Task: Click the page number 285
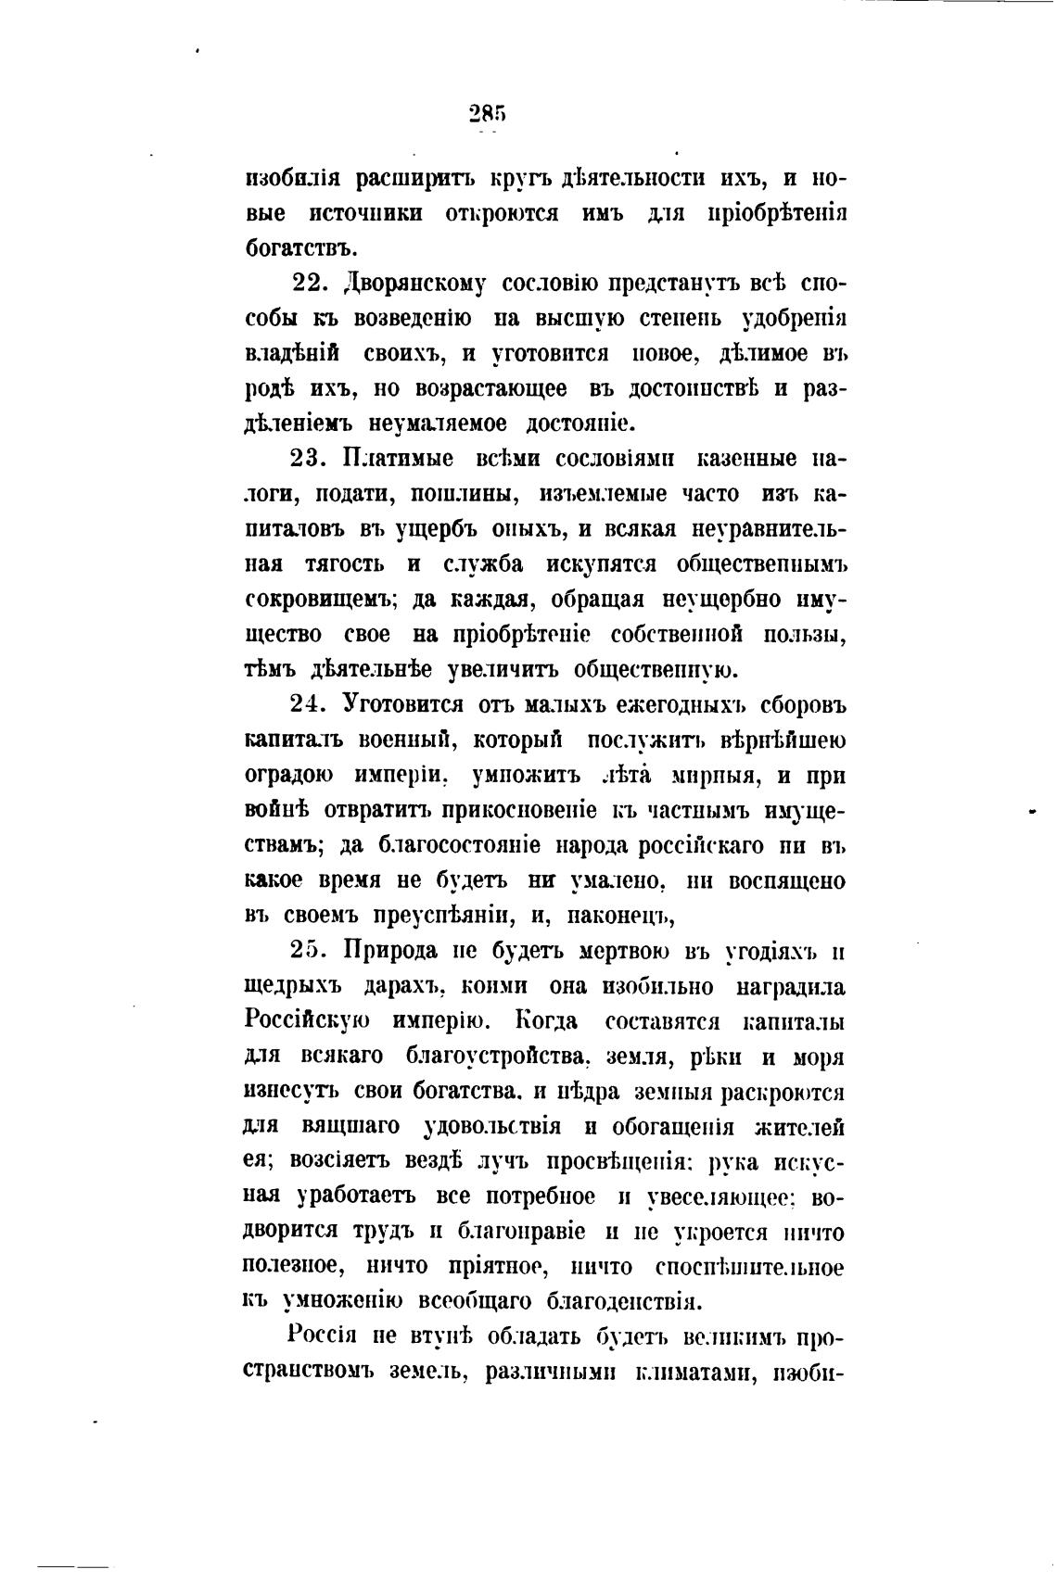[487, 114]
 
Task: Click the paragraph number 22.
[311, 283]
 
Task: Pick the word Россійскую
[309, 1021]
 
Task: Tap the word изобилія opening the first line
[294, 178]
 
